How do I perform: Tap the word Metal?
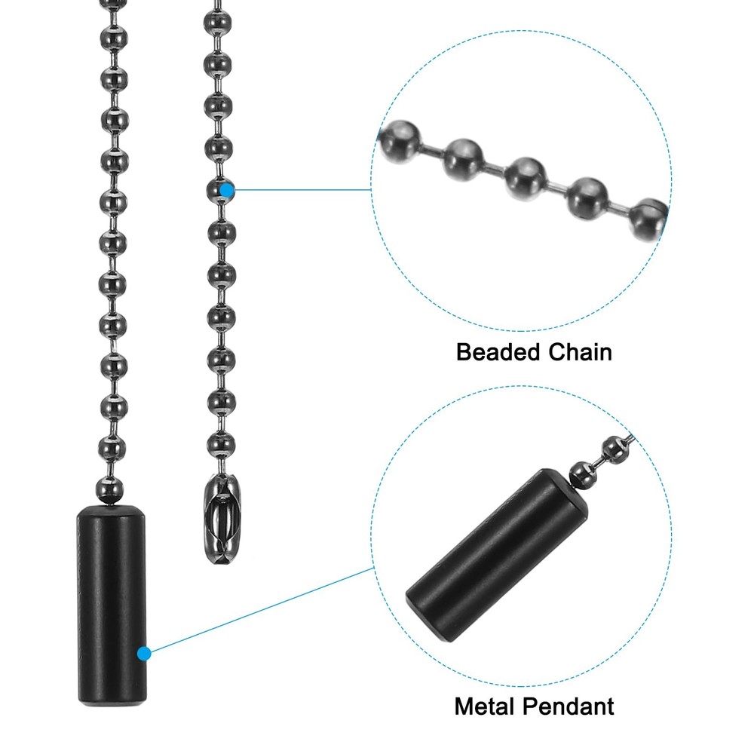click(x=485, y=706)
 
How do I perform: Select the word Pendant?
click(x=569, y=706)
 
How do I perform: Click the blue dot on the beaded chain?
click(x=226, y=191)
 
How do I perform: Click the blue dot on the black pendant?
click(x=144, y=654)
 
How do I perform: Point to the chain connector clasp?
click(x=222, y=519)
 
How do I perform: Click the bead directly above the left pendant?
click(x=110, y=489)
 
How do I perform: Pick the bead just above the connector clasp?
click(x=221, y=444)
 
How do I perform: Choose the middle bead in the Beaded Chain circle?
click(x=526, y=178)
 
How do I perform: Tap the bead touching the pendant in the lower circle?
click(x=582, y=474)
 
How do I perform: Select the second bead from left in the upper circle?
click(x=464, y=160)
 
